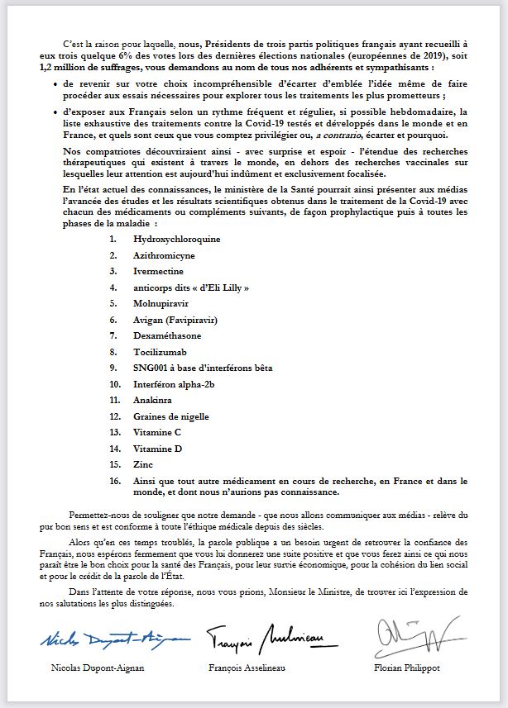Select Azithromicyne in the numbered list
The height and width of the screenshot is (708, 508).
pyautogui.click(x=163, y=255)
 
